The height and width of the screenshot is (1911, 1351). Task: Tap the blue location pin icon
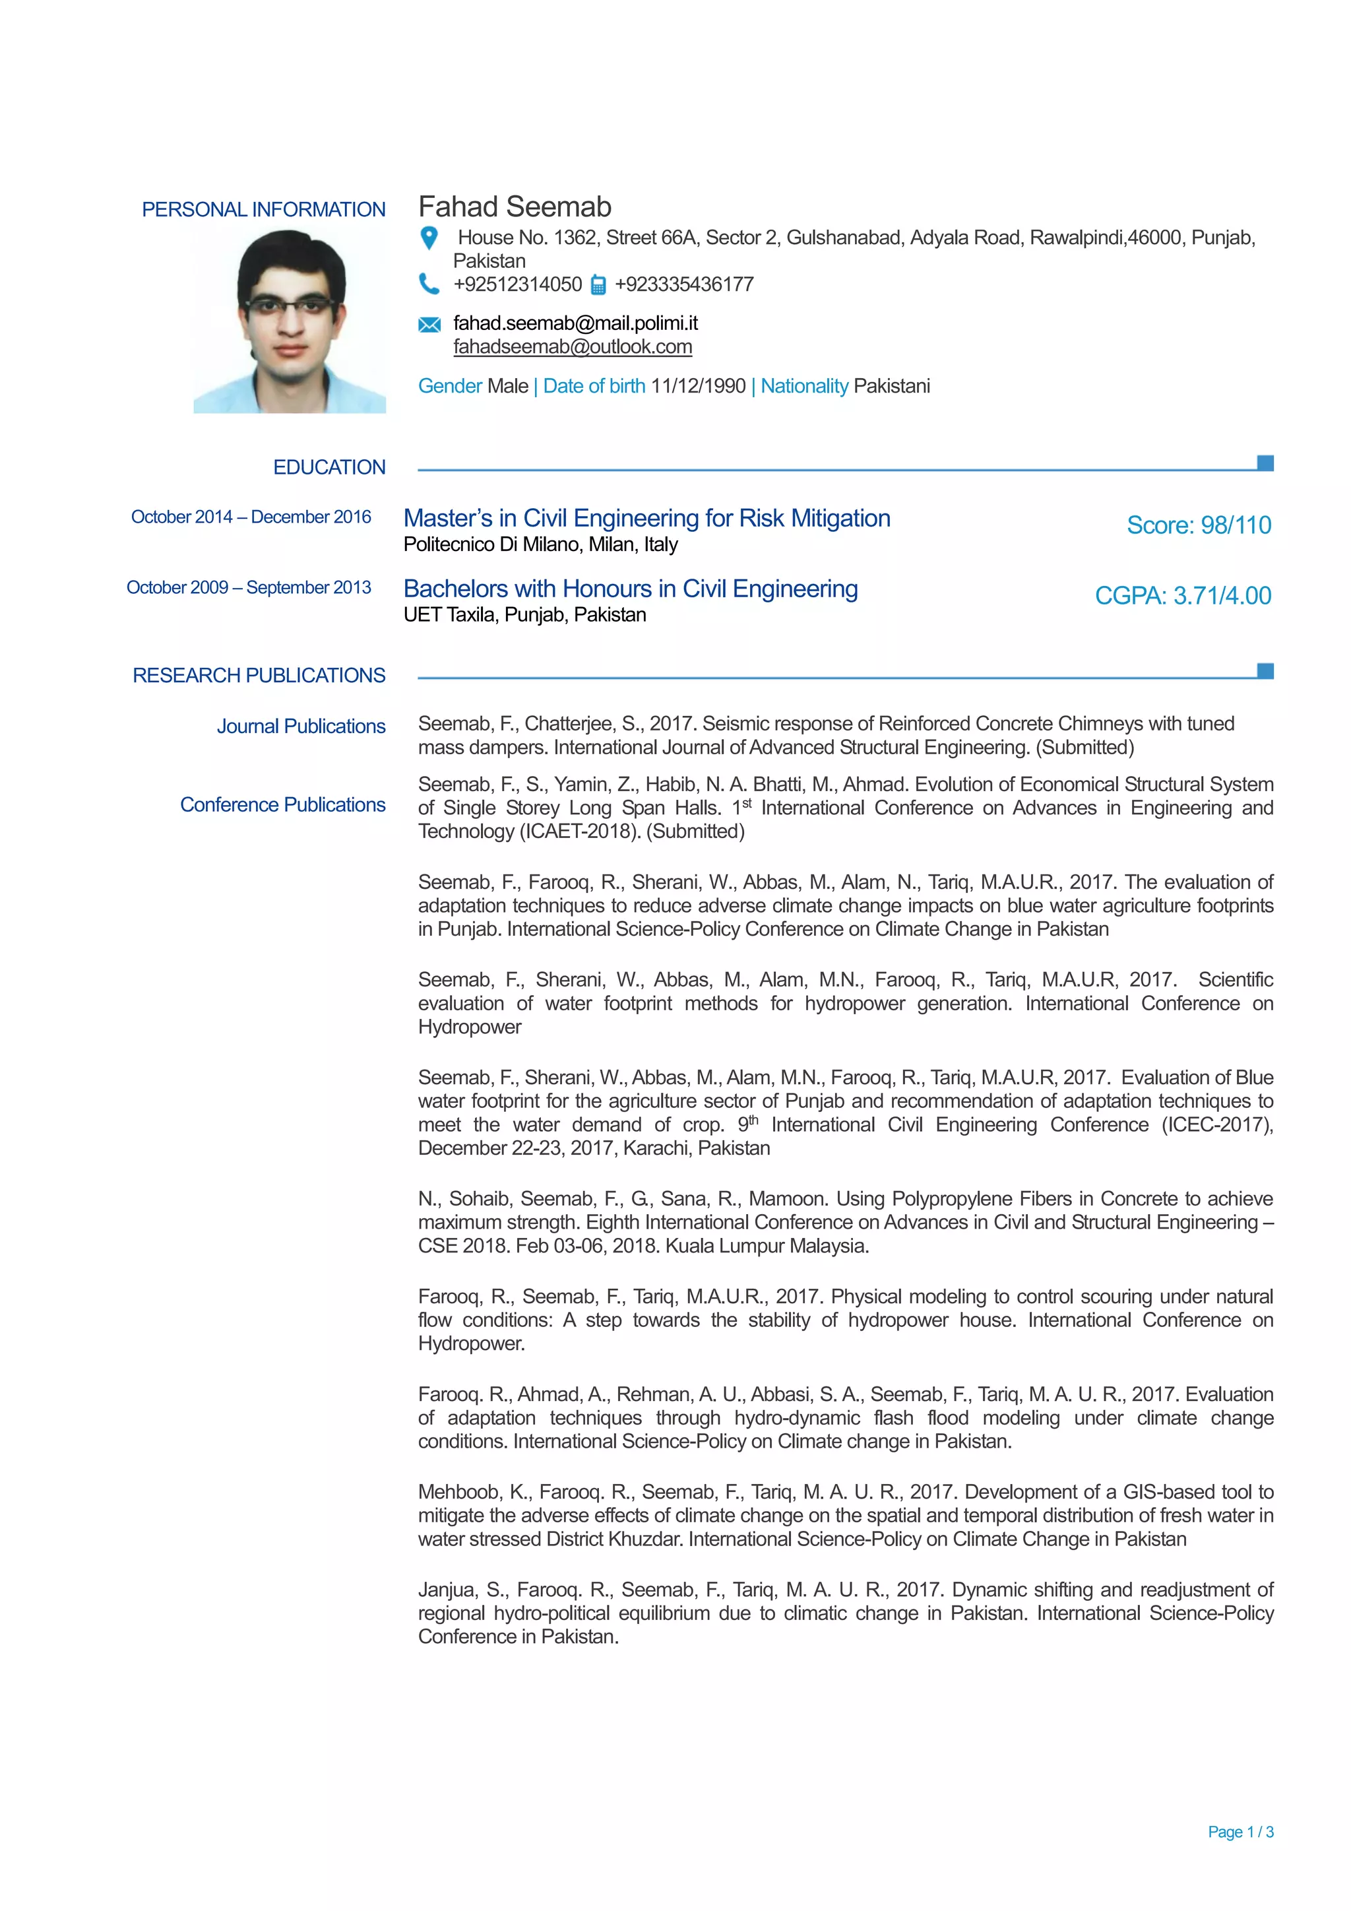point(429,238)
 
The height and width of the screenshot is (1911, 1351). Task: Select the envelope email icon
point(429,325)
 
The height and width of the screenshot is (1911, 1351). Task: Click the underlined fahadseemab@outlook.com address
point(573,347)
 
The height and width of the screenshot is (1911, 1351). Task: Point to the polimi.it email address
point(575,323)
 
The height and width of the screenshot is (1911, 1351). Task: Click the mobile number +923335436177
point(684,284)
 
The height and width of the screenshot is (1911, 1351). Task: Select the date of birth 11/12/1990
point(698,386)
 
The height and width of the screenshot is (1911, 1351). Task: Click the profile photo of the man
point(290,321)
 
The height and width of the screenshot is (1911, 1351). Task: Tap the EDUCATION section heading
point(329,468)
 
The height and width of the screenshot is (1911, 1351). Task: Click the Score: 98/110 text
point(1199,525)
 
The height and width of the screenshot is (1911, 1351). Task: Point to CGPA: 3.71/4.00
point(1183,596)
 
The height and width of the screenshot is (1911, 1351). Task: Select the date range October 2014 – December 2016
point(251,517)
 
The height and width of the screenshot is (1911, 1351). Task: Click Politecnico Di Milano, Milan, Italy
point(541,544)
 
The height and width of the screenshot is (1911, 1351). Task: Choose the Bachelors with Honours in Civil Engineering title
point(631,589)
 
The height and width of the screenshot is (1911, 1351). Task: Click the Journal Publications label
point(301,727)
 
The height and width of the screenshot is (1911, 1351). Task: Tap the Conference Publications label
point(283,805)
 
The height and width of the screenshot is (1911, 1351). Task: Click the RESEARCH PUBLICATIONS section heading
point(259,676)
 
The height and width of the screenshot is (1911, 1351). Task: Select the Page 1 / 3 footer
point(1240,1832)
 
